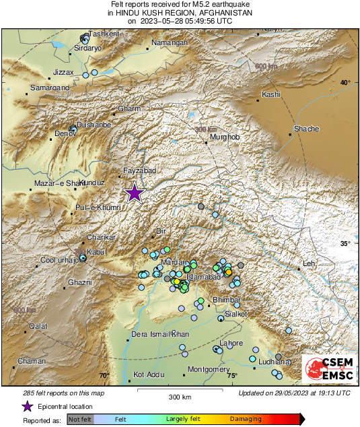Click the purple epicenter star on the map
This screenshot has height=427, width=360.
[x=135, y=193]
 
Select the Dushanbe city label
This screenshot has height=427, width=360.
[x=94, y=125]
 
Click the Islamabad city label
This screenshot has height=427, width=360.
[x=204, y=277]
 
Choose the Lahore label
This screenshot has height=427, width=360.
[x=231, y=343]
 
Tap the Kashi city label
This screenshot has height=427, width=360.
[x=271, y=94]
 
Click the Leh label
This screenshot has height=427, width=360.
[x=310, y=263]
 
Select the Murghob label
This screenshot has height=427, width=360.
[x=225, y=137]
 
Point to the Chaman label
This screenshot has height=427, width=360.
[x=32, y=362]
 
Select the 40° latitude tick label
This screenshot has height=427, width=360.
[x=345, y=82]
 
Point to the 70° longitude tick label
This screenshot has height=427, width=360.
[x=104, y=375]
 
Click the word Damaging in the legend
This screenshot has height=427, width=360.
[x=246, y=418]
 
